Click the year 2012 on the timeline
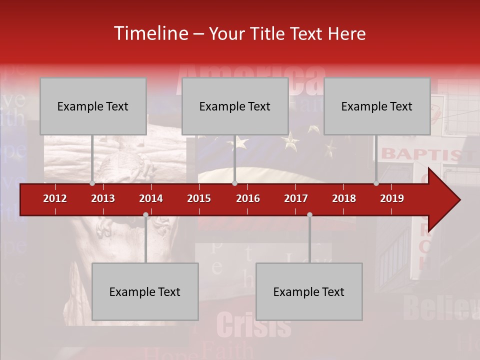coord(55,198)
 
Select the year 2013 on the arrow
coord(103,198)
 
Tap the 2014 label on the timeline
coord(151,198)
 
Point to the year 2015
coord(199,198)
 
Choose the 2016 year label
coord(248,198)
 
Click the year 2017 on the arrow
coord(296,198)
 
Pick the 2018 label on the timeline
coord(344,198)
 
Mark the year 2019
coord(392,198)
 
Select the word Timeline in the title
coord(150,33)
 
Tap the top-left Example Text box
coord(93,106)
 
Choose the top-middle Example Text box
coord(235,106)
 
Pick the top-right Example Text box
coord(377,106)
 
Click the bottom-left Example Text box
coord(145,291)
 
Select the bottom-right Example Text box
coord(309,291)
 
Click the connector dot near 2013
coord(92,183)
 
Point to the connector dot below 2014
coord(145,215)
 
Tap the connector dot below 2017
coord(309,215)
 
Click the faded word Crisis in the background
coord(253,325)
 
